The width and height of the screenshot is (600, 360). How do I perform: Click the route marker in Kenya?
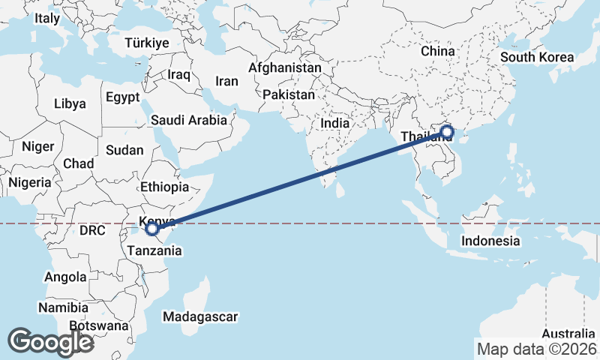[151, 228]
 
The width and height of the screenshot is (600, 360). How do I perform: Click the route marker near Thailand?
[447, 133]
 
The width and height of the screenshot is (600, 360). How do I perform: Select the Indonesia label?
[490, 241]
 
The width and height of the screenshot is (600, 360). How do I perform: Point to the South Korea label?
[537, 58]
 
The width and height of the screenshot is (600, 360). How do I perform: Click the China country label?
[438, 51]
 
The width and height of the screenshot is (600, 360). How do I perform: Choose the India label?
[334, 123]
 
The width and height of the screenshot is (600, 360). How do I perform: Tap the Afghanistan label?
[285, 67]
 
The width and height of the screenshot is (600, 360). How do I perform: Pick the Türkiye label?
[147, 43]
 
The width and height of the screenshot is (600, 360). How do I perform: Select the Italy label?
[47, 18]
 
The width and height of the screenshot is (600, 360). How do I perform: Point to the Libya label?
[70, 104]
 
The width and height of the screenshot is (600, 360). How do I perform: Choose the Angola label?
[66, 277]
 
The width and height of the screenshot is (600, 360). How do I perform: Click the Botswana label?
[98, 326]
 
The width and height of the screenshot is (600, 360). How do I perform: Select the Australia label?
[568, 334]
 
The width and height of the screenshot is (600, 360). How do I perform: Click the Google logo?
[50, 342]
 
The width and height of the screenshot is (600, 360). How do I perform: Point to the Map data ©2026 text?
[537, 349]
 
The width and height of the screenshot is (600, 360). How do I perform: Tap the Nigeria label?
[30, 182]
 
